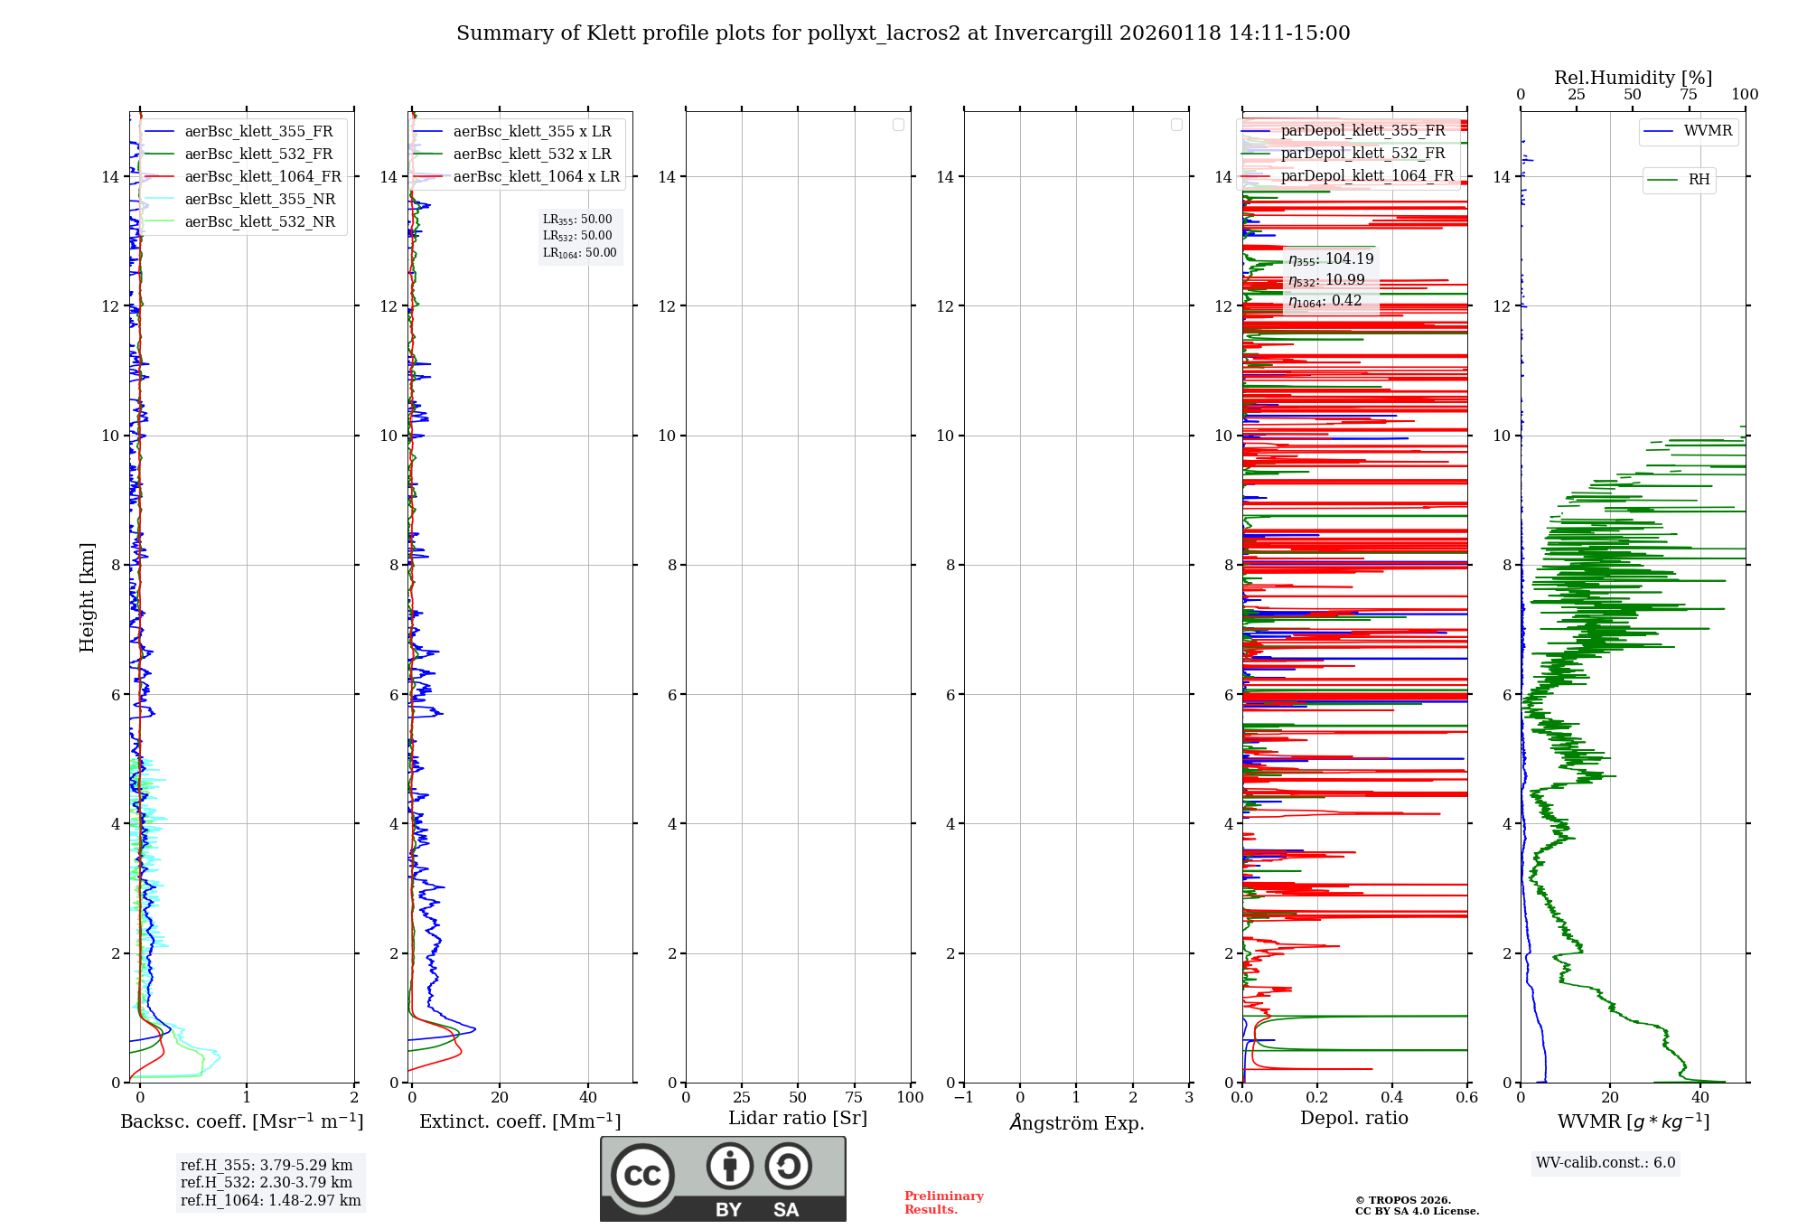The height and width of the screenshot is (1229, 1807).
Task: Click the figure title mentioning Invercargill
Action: coord(903,33)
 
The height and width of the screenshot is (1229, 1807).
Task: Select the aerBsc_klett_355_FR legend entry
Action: coord(258,131)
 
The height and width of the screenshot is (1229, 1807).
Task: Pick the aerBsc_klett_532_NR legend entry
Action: coord(259,221)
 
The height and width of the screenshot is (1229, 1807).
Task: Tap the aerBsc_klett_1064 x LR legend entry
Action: coord(536,176)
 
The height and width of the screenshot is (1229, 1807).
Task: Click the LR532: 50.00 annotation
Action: coord(577,236)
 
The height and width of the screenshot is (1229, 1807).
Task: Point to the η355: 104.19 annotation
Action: coord(1331,259)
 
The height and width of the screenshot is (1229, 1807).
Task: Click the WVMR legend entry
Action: coord(1708,131)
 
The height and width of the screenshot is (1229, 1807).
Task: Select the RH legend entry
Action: coord(1699,180)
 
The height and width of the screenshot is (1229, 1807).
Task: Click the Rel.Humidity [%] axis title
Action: coord(1633,78)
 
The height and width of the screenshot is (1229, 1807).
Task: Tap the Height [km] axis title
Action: coord(87,597)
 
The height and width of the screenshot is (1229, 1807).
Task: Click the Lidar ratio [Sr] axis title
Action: coord(798,1118)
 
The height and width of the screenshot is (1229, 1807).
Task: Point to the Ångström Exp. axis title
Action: coord(1076,1122)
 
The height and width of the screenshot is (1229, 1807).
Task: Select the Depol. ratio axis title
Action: coord(1353,1118)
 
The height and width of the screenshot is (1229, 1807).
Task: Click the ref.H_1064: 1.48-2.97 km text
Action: coord(270,1200)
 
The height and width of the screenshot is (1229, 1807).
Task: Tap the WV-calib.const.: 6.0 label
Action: coord(1606,1163)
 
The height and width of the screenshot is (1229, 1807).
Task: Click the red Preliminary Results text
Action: coord(943,1203)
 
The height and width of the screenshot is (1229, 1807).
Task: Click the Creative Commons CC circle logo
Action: coord(642,1175)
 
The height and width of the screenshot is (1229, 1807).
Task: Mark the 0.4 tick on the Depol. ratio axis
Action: coord(1392,1097)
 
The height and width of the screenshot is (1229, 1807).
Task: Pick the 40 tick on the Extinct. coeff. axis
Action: coord(588,1097)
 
